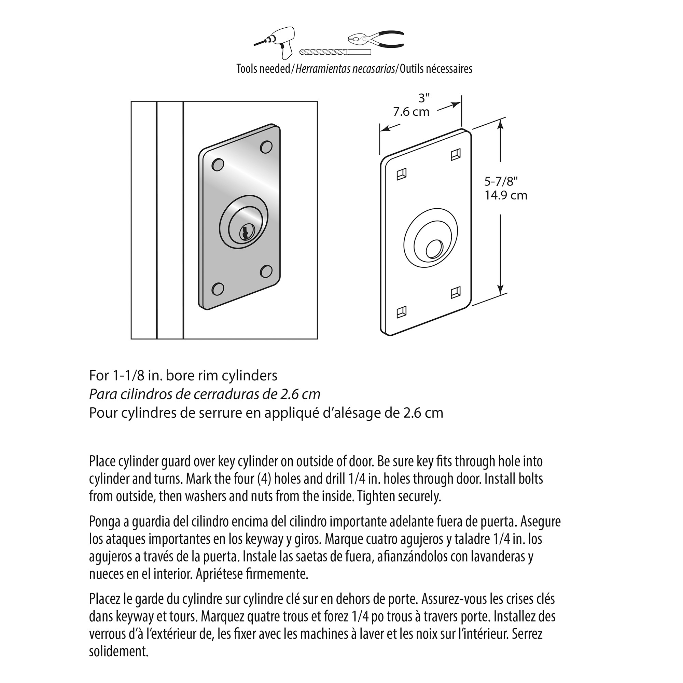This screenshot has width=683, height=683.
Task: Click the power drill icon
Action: pos(279,41)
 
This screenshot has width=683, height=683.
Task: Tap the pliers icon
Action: pos(376,39)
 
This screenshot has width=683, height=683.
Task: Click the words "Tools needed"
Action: pos(263,69)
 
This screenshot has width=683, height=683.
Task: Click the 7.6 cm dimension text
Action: pos(411,112)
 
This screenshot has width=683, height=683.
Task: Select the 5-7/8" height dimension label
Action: pos(501,181)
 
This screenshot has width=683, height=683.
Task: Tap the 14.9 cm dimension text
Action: pos(505,195)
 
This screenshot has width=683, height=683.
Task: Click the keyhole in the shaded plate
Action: pos(244,233)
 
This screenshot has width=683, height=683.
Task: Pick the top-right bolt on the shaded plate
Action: pos(266,147)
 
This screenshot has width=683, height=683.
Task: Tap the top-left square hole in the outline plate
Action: pos(402,174)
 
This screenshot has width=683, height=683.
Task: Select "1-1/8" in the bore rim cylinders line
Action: pos(128,375)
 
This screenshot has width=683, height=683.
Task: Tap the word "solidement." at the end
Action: pos(119,651)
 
